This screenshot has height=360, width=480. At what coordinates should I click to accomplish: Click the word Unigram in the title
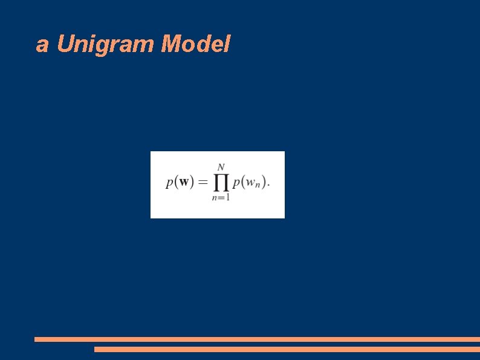click(106, 45)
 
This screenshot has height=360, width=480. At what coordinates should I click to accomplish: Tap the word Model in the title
click(196, 44)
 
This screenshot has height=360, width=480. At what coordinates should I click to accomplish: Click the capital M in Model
click(171, 44)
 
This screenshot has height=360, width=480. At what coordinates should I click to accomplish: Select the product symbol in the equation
click(221, 182)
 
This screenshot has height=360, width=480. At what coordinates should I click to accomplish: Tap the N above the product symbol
click(221, 166)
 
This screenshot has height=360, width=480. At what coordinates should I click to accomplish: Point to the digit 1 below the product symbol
click(227, 198)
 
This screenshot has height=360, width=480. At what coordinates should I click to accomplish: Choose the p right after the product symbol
click(236, 183)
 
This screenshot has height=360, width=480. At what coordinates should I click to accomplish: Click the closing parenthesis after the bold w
click(191, 182)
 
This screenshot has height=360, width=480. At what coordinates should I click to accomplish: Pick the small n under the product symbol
click(214, 198)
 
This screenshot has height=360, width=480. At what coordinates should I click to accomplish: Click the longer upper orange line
click(257, 339)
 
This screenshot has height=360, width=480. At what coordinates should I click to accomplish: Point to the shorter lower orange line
click(287, 349)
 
